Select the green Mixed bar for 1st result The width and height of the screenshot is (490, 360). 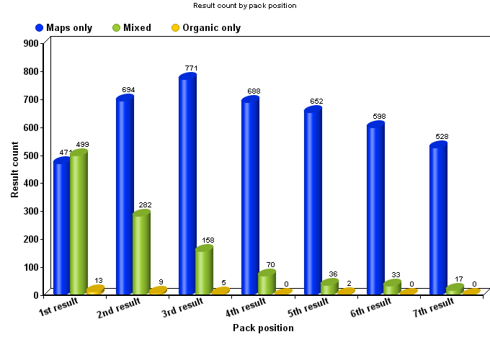tap(79, 223)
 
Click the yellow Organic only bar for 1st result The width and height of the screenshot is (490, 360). tap(95, 289)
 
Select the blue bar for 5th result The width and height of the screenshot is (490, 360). tap(313, 202)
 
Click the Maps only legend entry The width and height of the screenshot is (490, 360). tap(64, 28)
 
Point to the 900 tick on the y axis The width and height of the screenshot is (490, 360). tap(31, 43)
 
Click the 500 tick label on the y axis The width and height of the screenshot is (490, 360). tap(31, 155)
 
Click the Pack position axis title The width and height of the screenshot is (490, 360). tap(263, 328)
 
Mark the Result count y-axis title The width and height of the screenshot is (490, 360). tap(15, 170)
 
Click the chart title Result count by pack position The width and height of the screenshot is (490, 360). tap(245, 6)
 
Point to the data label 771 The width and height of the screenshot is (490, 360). tap(191, 68)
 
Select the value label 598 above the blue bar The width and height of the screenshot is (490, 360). tap(379, 116)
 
